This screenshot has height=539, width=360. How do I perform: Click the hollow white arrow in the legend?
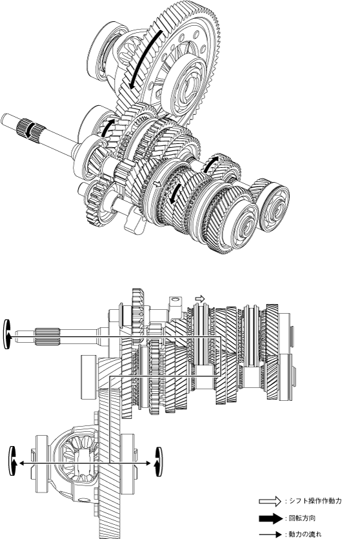click(x=270, y=501)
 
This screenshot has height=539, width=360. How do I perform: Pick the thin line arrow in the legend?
click(x=270, y=534)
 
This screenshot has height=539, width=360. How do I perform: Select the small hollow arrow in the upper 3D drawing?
click(x=157, y=184)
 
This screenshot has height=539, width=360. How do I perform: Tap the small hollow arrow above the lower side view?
click(x=200, y=298)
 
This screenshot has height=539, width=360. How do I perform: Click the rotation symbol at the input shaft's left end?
click(x=6, y=334)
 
